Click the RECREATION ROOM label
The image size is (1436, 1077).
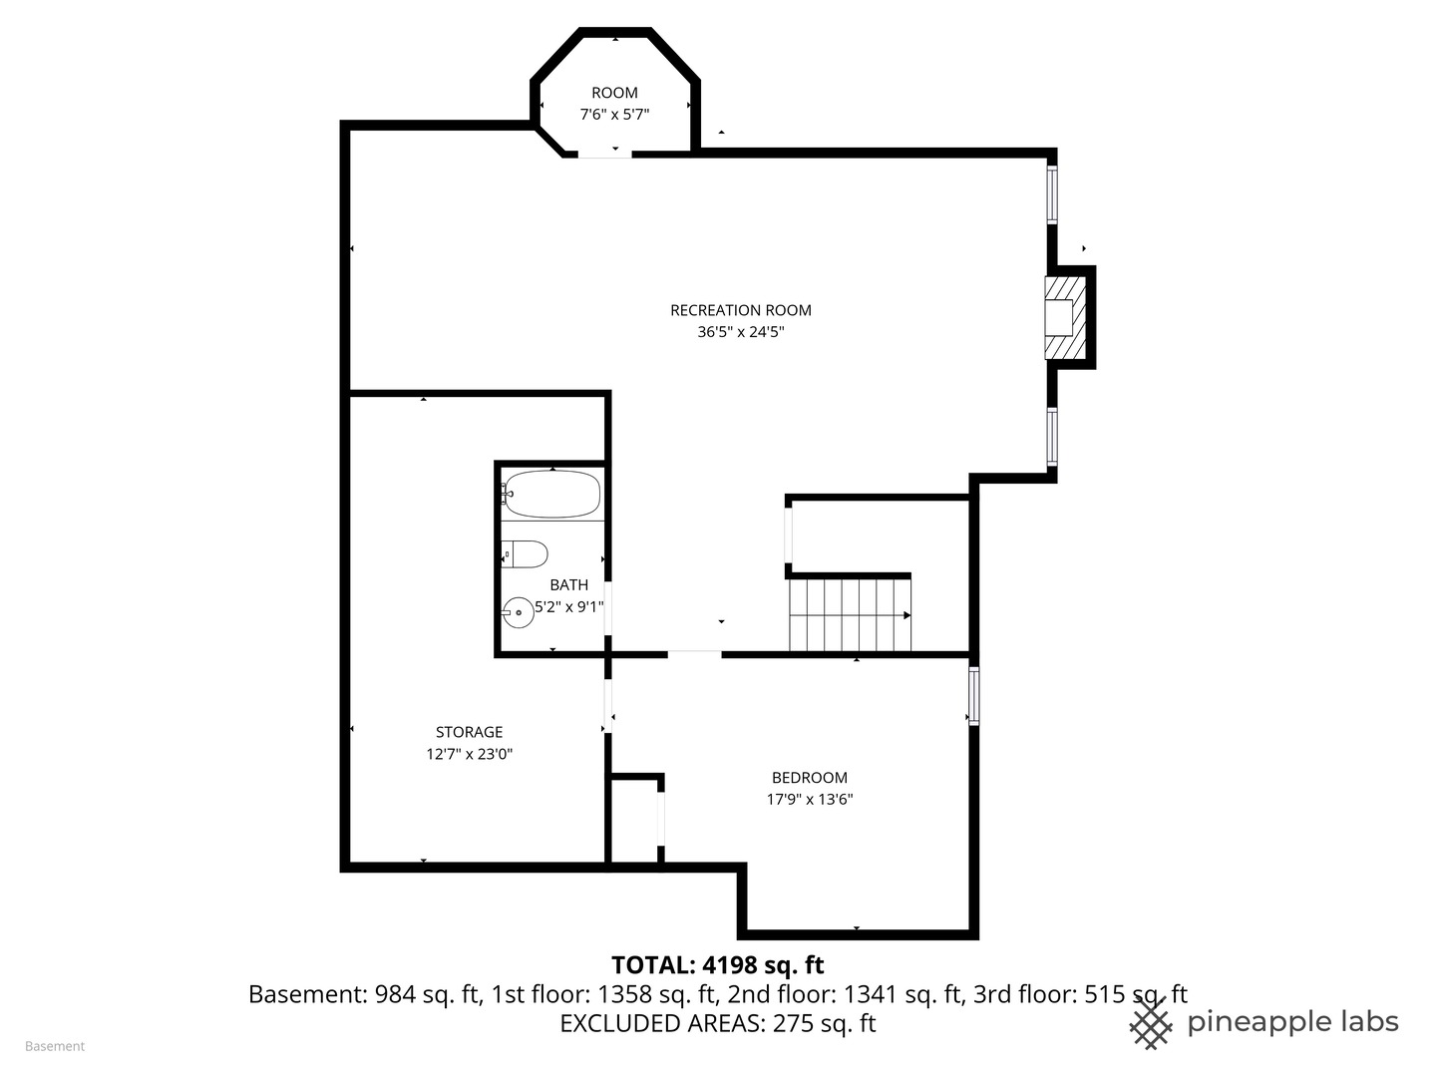coord(741,310)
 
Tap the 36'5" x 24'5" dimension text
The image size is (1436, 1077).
coord(741,331)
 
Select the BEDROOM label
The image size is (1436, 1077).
coord(810,778)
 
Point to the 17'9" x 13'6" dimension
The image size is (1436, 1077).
coord(810,799)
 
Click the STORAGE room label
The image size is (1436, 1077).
coord(469,732)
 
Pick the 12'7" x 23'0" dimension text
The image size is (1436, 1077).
coord(469,754)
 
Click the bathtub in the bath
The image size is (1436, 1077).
coord(550,494)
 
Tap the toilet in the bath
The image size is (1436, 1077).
coord(525,554)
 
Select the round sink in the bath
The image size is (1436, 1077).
coord(519,612)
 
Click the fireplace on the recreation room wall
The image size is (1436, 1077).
coord(1065,318)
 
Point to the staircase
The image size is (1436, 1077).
coord(850,615)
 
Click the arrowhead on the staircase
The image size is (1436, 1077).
coord(907,615)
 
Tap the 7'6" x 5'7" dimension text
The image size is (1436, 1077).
coord(614,115)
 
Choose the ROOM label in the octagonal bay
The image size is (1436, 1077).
coord(614,93)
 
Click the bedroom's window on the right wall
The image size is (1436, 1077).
coord(973,696)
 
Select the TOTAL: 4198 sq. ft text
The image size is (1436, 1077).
coord(718,964)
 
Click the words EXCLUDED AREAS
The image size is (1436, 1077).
coord(661,1023)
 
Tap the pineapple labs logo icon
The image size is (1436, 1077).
coord(1150,1023)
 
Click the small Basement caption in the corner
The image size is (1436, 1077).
coord(55,1046)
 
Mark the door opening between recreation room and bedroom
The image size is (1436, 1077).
coord(694,654)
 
